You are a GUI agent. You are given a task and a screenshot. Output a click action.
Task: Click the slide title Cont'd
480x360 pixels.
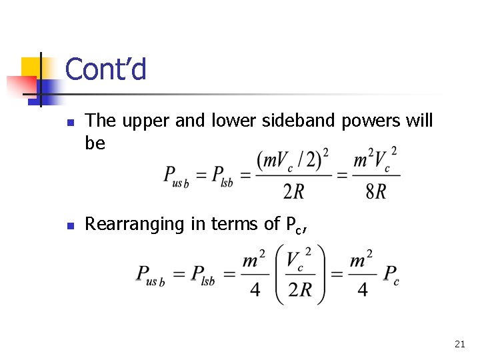pyautogui.click(x=106, y=70)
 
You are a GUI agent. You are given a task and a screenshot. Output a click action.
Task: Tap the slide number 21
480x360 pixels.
pyautogui.click(x=459, y=344)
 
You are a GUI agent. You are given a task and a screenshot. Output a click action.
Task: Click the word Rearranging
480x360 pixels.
pyautogui.click(x=135, y=225)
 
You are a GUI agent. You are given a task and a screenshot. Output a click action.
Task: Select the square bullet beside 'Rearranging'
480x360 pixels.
pyautogui.click(x=72, y=225)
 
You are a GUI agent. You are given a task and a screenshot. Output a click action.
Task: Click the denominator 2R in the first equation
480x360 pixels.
pyautogui.click(x=295, y=192)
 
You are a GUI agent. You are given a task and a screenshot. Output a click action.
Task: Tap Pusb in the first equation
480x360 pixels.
pyautogui.click(x=176, y=176)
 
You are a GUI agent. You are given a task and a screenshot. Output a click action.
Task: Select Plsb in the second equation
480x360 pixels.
pyautogui.click(x=203, y=274)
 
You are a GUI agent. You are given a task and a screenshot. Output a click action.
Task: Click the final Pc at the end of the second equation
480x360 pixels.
pyautogui.click(x=391, y=274)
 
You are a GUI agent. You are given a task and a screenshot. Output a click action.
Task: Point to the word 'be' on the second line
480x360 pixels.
pyautogui.click(x=95, y=143)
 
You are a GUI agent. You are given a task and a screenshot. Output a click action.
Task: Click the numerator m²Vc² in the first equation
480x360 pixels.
pyautogui.click(x=375, y=161)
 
